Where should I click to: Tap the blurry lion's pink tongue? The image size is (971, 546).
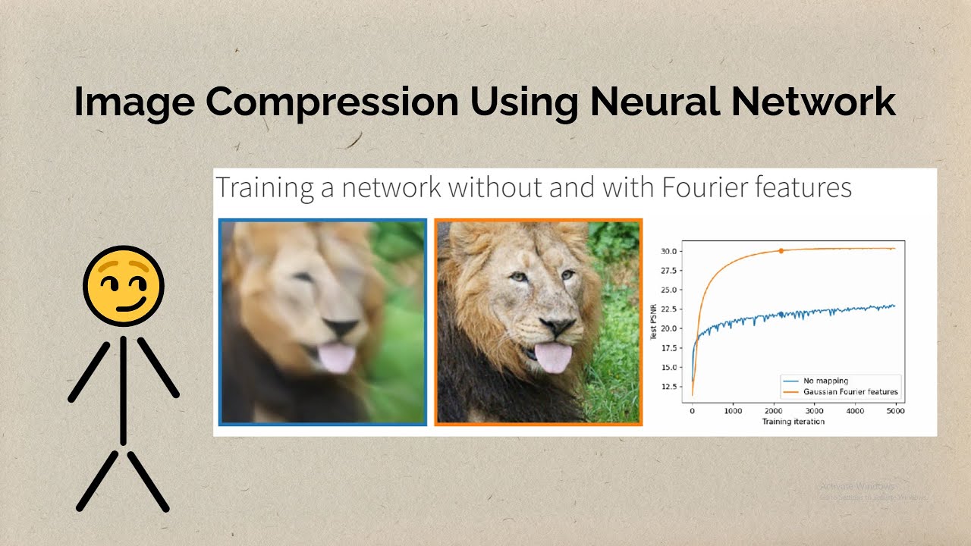pos(336,357)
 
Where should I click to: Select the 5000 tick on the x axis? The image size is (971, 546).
pos(896,411)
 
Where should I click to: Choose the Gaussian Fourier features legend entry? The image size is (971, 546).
pos(850,392)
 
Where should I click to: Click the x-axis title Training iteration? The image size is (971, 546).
pos(793,422)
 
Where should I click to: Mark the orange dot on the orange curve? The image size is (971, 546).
pos(781,251)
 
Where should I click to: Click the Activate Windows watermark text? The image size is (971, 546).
pos(857,485)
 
